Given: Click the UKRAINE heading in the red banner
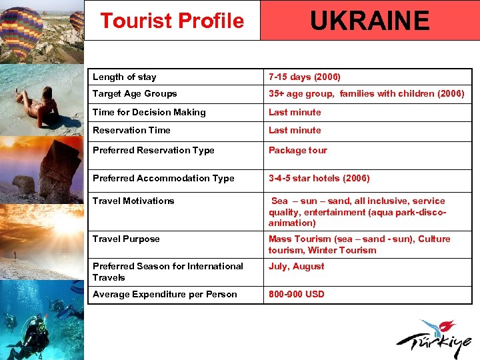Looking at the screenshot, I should point(369,21).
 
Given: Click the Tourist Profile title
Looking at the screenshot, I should point(172,21).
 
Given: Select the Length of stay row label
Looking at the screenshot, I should point(125,77).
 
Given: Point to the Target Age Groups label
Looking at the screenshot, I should point(135,94).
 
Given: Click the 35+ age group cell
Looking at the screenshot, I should point(366,94).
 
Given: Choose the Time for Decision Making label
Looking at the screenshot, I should point(149,112).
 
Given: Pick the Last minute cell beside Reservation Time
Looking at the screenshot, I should point(295,130).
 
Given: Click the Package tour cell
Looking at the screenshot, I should point(298,150).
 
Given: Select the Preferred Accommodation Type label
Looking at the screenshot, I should point(163,178).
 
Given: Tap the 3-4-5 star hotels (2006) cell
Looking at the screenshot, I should point(319,178).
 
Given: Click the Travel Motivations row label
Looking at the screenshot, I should point(133,201).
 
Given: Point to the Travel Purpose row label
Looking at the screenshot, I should point(126,239).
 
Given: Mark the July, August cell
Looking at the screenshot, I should point(296,266).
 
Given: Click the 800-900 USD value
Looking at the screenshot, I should point(296,294).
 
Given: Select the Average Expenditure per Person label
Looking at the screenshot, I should point(165,294).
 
